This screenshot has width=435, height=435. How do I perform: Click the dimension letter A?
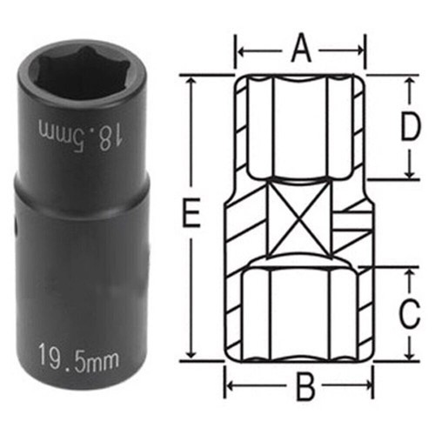(x=301, y=48)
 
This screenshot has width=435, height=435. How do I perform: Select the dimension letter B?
(x=305, y=386)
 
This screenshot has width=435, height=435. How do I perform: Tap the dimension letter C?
(x=410, y=313)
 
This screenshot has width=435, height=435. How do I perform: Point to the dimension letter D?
(x=410, y=126)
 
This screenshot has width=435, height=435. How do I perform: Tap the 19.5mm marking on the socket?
(x=78, y=358)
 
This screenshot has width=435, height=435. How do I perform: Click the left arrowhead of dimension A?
(x=241, y=51)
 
